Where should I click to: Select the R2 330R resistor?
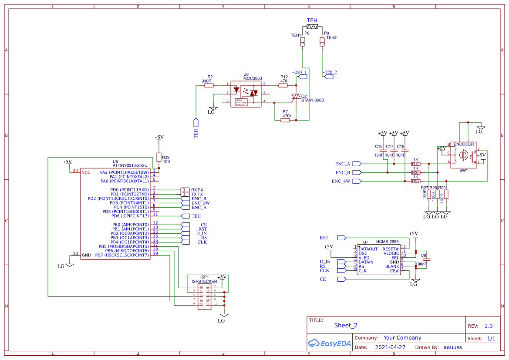pos(209,85)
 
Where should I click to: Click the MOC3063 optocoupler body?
pos(246,94)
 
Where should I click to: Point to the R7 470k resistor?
pos(285,120)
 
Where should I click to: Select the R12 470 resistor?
pos(283,85)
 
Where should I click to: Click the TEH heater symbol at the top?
pos(312,27)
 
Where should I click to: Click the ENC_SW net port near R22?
pos(357,181)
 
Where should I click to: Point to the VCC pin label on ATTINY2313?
pos(87,172)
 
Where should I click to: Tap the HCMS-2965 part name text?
pos(387,242)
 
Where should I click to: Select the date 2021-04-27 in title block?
pos(390,347)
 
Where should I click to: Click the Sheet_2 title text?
pos(346,325)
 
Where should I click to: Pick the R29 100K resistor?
pos(446,195)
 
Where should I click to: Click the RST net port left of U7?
pos(342,238)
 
